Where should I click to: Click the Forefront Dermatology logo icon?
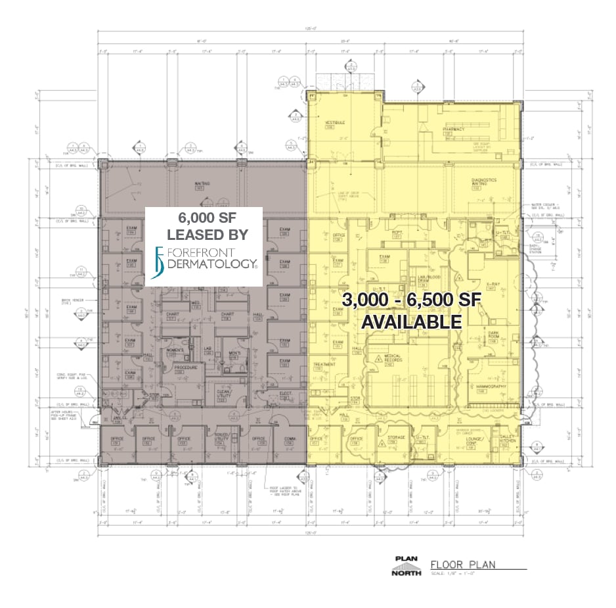coord(157,263)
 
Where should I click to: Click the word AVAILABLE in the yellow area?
coord(412,322)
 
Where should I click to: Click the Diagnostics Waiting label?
coord(483,181)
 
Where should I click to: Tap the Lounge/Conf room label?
coord(477,440)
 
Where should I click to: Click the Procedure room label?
coord(186,368)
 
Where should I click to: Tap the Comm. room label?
coord(288,440)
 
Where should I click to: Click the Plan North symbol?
coord(406,565)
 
